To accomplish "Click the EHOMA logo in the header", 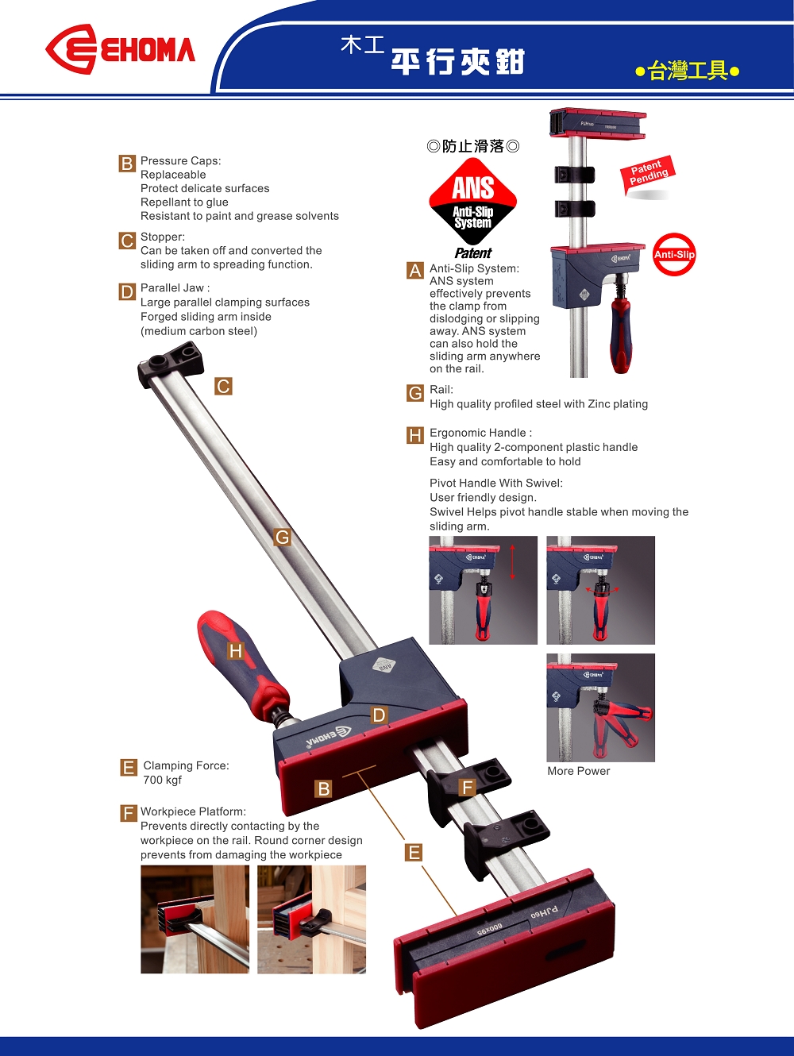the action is pos(120,49).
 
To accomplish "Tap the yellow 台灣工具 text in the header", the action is pos(688,71).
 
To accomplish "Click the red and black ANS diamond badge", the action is pos(472,201).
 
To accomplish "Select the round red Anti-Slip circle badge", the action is pos(674,255).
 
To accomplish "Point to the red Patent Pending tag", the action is pos(649,173).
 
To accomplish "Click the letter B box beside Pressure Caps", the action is pos(127,164).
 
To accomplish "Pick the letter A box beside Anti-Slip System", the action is pos(415,271).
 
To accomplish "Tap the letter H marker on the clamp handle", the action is pos(235,651).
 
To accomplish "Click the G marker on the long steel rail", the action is pos(282,537).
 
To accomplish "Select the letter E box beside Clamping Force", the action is pos(129,768).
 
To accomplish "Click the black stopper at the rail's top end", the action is pos(171,363).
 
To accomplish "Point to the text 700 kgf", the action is pos(162,780).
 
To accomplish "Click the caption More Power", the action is pos(578,771).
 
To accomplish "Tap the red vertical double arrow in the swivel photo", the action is pos(513,562).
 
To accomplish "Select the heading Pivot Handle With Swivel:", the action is pos(495,483).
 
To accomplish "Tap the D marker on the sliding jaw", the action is pos(379,715).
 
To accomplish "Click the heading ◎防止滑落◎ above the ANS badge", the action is pos(472,146).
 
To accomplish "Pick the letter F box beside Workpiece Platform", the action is pos(129,814).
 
